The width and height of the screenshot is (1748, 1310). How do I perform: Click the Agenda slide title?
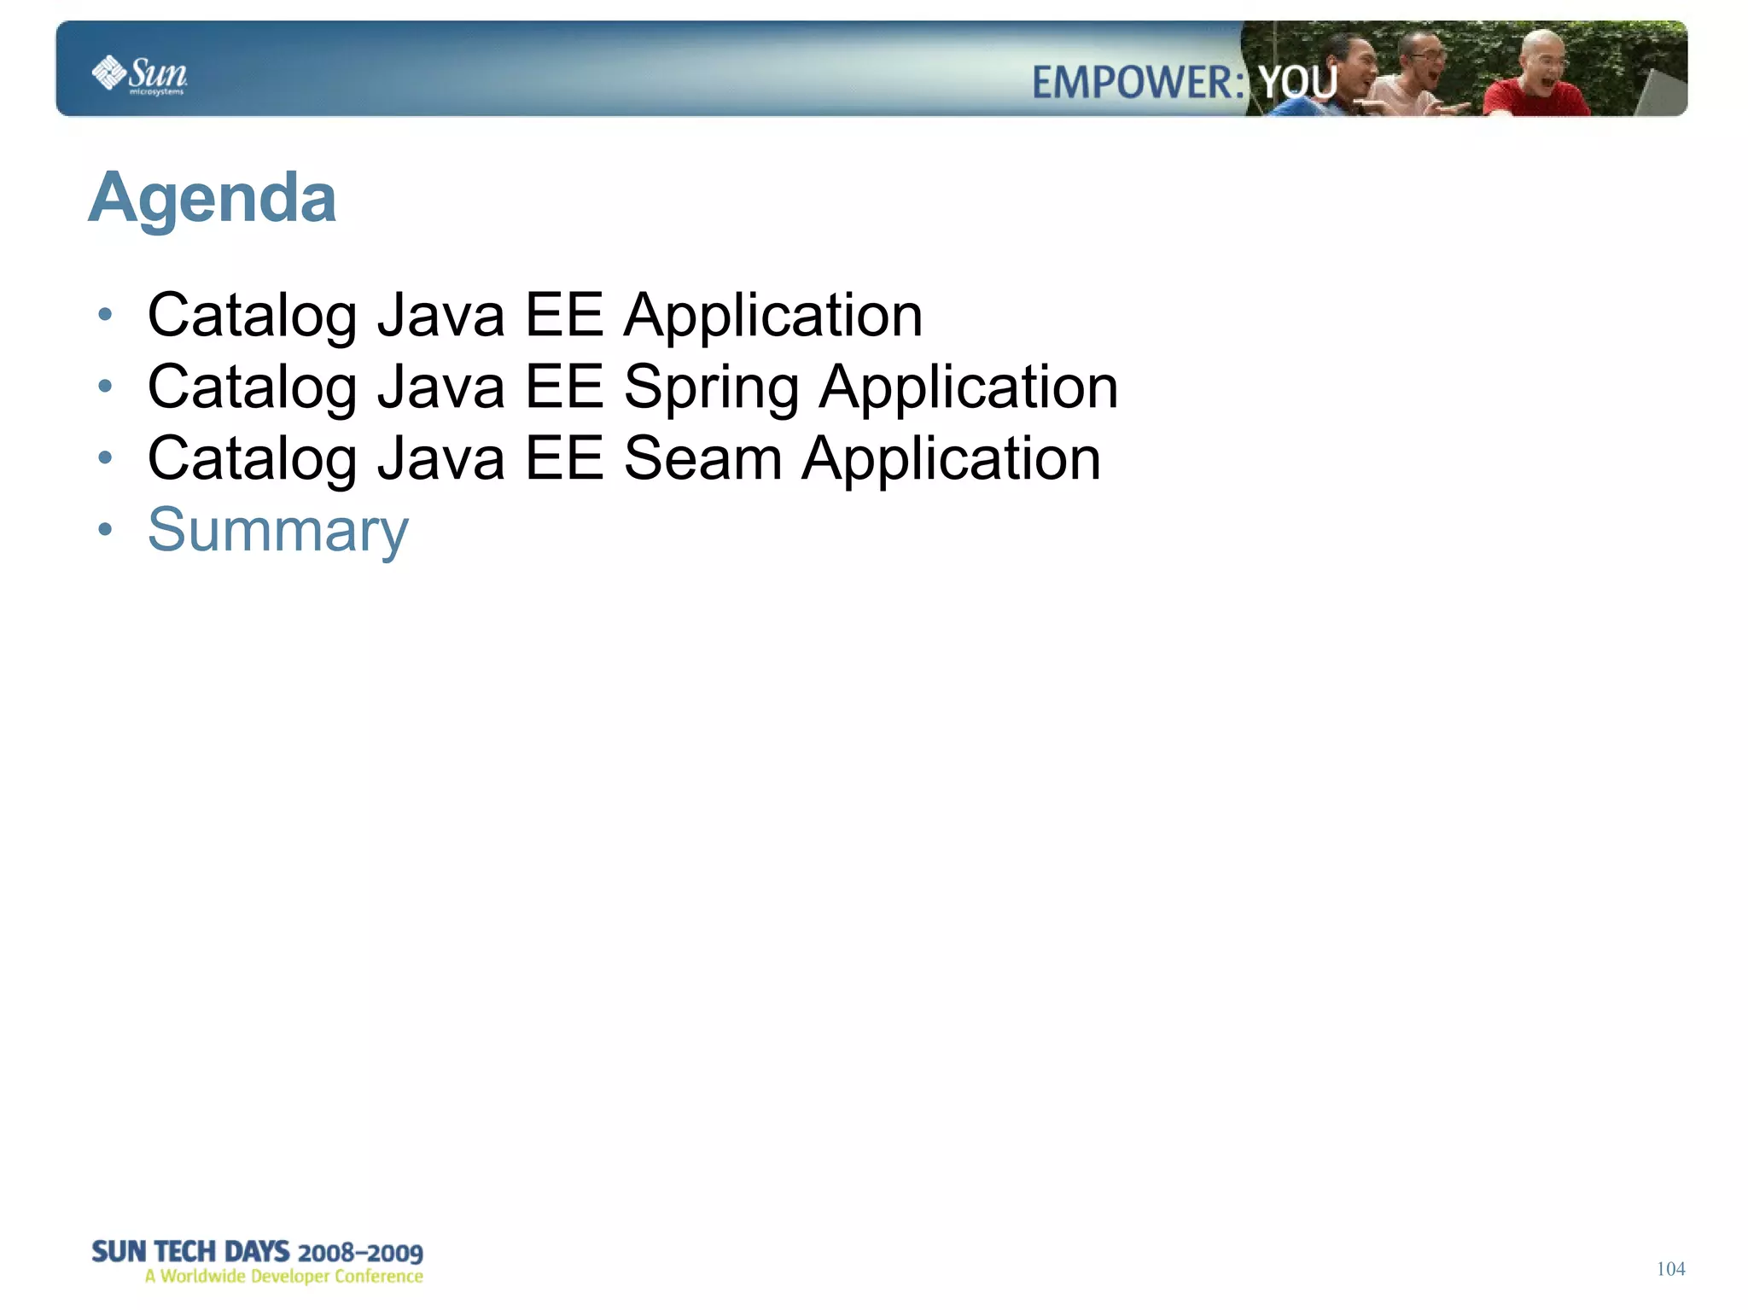click(213, 198)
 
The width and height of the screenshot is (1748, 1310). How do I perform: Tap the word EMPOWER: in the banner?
click(1138, 83)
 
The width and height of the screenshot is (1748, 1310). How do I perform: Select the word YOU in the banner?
click(1297, 83)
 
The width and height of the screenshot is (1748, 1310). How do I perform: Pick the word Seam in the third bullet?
click(702, 459)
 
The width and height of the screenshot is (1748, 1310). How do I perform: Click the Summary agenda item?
click(278, 530)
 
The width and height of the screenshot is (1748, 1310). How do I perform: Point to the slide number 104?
click(1670, 1269)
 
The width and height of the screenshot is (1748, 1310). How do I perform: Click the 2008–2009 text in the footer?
click(360, 1253)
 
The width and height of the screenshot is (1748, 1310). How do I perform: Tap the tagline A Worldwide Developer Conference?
click(283, 1277)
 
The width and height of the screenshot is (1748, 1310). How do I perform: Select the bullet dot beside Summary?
click(105, 530)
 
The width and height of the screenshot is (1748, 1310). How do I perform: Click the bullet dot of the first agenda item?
click(105, 315)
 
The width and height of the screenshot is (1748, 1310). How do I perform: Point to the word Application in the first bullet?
click(773, 316)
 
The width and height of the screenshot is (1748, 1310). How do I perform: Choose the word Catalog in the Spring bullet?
click(252, 388)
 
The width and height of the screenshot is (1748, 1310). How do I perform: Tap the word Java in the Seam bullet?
click(441, 459)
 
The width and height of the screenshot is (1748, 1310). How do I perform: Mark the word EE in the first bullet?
click(563, 316)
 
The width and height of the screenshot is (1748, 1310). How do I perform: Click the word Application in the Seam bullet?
click(951, 459)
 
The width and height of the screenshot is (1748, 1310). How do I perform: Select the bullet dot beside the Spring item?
click(105, 387)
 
